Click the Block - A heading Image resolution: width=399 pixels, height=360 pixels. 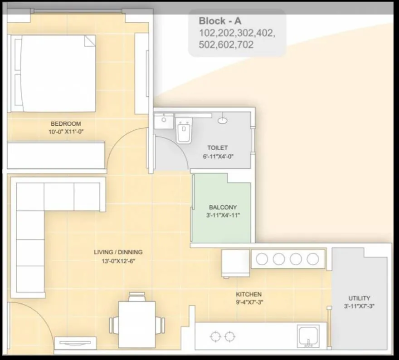pyautogui.click(x=219, y=21)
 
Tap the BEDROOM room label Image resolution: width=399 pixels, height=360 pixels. pyautogui.click(x=66, y=123)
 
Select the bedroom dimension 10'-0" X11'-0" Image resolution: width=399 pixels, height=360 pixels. pyautogui.click(x=66, y=132)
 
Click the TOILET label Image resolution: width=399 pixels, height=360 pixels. pyautogui.click(x=217, y=148)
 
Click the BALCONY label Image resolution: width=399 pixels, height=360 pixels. pyautogui.click(x=223, y=207)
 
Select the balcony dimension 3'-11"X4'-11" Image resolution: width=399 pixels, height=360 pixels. pyautogui.click(x=223, y=215)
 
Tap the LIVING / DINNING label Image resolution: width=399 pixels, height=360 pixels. pyautogui.click(x=118, y=252)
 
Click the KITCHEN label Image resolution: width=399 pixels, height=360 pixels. pyautogui.click(x=248, y=294)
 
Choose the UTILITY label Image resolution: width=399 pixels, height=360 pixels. pyautogui.click(x=359, y=298)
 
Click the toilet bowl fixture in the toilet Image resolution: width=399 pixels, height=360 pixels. pyautogui.click(x=184, y=132)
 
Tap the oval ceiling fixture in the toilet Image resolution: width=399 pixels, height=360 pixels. pyautogui.click(x=223, y=121)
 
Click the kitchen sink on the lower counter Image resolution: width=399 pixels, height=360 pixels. pyautogui.click(x=308, y=336)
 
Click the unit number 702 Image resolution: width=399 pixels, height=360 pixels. pyautogui.click(x=244, y=44)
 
